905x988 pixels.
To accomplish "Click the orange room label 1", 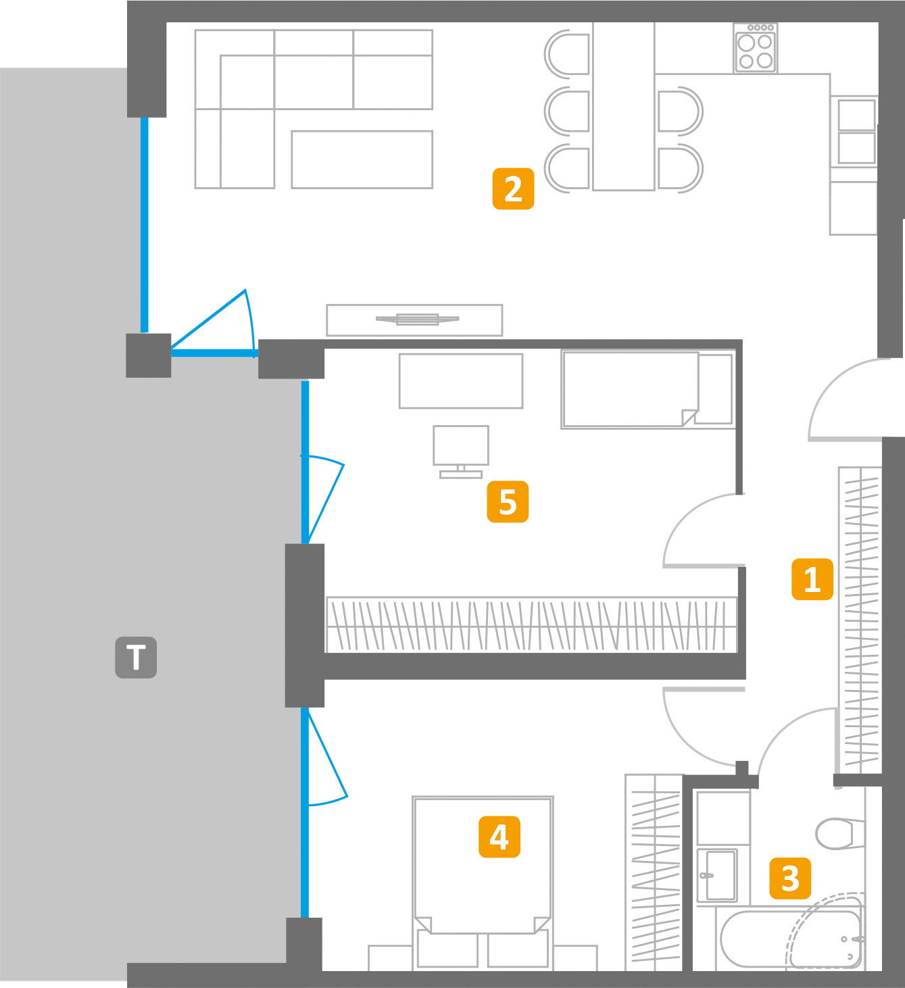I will pyautogui.click(x=812, y=579).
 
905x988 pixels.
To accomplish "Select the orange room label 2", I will pyautogui.click(x=513, y=189).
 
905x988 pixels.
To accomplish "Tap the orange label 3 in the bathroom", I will pyautogui.click(x=790, y=878).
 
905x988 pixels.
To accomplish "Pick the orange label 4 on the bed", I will pyautogui.click(x=499, y=837).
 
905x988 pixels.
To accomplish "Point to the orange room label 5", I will pyautogui.click(x=508, y=501).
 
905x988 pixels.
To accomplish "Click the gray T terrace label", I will pyautogui.click(x=136, y=657).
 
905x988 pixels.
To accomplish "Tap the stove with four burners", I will pyautogui.click(x=756, y=49).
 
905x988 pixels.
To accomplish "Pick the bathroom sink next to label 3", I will pyautogui.click(x=717, y=875).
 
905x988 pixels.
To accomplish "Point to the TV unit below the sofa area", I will pyautogui.click(x=414, y=320).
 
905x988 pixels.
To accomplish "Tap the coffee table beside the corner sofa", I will pyautogui.click(x=362, y=159).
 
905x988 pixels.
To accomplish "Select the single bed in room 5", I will pyautogui.click(x=647, y=389).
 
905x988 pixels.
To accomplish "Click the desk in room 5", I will pyautogui.click(x=461, y=381).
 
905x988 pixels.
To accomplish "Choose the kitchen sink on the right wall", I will pyautogui.click(x=856, y=132).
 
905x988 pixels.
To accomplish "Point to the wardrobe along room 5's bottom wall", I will pyautogui.click(x=531, y=624).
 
